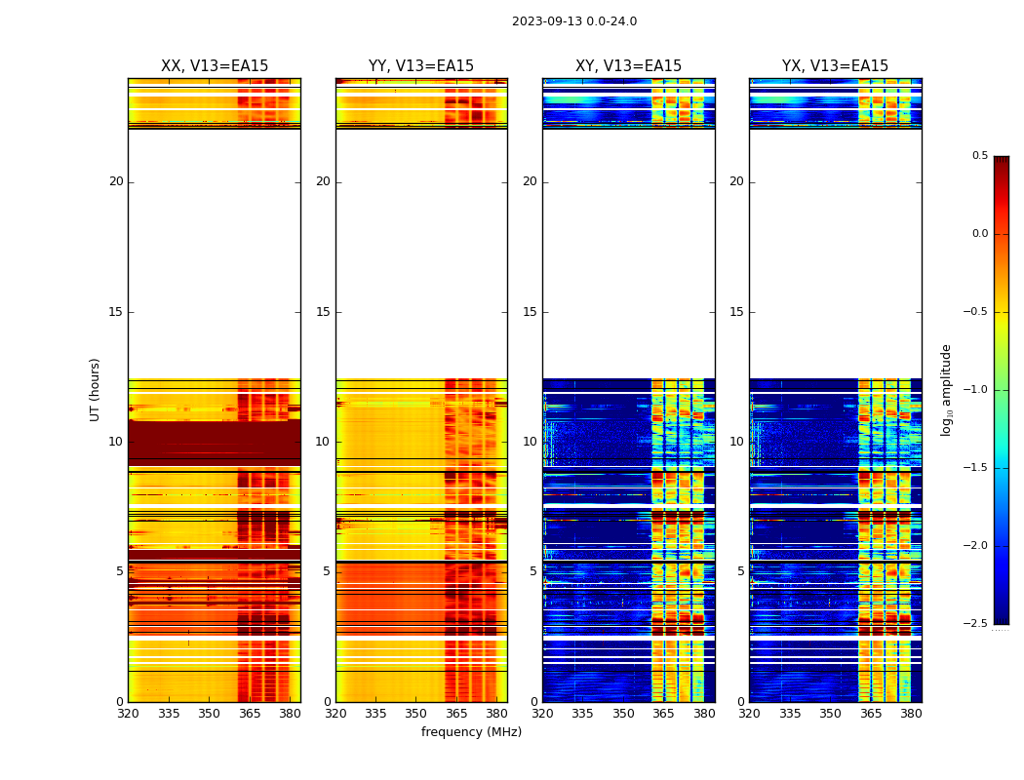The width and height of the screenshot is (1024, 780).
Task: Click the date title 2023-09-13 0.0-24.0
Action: point(573,21)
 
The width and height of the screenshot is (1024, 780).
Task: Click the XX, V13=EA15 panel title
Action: point(215,66)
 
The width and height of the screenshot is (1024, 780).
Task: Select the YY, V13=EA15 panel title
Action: point(421,66)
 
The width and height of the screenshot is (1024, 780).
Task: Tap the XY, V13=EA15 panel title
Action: point(628,66)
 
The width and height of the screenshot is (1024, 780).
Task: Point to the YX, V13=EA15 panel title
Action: point(835,66)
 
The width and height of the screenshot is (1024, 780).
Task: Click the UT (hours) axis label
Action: point(95,389)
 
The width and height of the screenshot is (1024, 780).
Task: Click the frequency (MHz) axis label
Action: point(471,732)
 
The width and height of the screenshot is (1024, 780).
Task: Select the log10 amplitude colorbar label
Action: point(946,389)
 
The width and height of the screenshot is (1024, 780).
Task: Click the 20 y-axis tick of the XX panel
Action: point(116,181)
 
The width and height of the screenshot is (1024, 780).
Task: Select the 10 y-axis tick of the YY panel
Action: point(323,442)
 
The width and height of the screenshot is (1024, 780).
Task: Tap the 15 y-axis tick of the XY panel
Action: point(530,312)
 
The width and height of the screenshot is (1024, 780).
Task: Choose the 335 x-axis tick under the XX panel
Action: point(169,714)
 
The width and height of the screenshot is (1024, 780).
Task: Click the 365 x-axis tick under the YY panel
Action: point(456,714)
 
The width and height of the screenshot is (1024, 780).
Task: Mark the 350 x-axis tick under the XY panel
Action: point(623,714)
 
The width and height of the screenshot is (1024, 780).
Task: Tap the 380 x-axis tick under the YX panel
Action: point(911,714)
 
